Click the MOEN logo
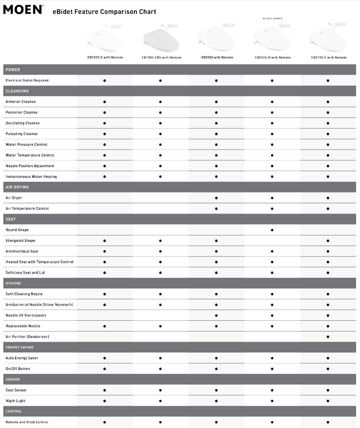(23, 9)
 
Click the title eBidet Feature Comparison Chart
(104, 11)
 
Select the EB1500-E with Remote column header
(105, 58)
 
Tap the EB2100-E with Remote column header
(329, 58)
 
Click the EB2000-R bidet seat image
(272, 38)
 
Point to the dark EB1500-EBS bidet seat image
(161, 38)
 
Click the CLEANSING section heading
(17, 91)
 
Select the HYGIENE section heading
(14, 283)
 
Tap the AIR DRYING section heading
(17, 187)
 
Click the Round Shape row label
(17, 230)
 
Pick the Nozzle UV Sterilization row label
(26, 315)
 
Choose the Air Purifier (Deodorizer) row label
(27, 337)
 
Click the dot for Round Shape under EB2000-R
(272, 230)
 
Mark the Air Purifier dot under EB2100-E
(328, 337)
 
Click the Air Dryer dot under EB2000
(216, 198)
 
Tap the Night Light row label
(16, 401)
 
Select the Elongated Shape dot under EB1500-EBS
(160, 241)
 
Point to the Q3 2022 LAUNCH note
(272, 19)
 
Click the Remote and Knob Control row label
(27, 422)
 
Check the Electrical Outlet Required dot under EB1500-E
(105, 80)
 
